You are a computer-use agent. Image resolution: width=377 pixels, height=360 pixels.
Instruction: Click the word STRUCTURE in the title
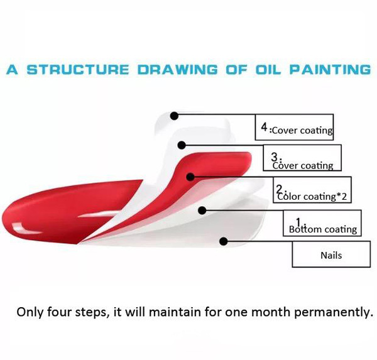pos(78,70)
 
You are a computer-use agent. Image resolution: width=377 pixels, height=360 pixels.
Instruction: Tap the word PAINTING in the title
pos(330,70)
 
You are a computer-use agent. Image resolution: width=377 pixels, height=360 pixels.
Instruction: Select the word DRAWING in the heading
pos(177,70)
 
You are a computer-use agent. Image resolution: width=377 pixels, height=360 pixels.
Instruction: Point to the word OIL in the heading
pos(268,70)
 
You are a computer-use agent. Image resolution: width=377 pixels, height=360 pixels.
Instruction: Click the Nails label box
pos(331,254)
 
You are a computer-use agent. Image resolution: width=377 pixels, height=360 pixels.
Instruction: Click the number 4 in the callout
pos(265,127)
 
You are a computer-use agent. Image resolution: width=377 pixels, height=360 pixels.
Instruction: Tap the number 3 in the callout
pos(275,157)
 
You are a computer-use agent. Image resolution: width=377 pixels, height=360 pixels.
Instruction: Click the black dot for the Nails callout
pos(224,241)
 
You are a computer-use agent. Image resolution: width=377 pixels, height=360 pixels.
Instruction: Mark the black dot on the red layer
pos(190,177)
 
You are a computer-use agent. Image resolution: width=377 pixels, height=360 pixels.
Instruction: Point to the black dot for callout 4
pos(174,116)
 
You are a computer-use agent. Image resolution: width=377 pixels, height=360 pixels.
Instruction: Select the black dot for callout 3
pos(182,145)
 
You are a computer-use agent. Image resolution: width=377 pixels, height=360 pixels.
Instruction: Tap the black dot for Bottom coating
pos(202,210)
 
